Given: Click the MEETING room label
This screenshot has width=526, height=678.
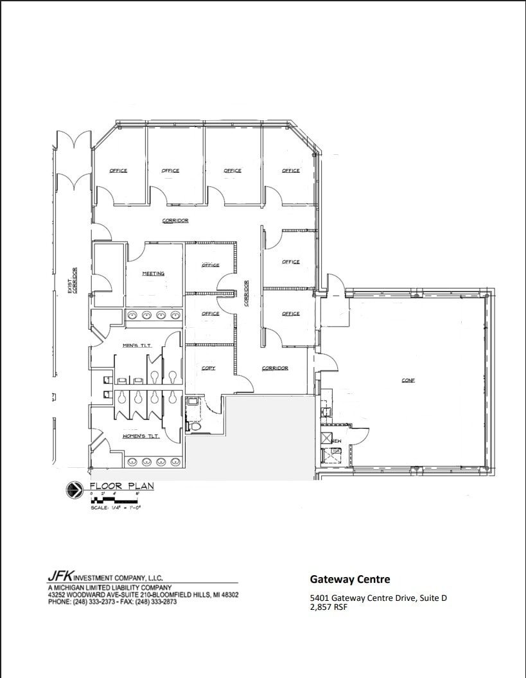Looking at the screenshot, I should click(x=153, y=274).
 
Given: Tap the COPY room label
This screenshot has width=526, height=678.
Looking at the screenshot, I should click(x=209, y=368).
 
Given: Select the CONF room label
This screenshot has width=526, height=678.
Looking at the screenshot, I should click(x=408, y=380).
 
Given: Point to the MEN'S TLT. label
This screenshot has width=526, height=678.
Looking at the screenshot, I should click(x=136, y=346).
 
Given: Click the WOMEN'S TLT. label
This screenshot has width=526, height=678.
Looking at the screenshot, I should click(x=141, y=437).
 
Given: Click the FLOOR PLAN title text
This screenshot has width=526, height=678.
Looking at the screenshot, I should click(x=121, y=486).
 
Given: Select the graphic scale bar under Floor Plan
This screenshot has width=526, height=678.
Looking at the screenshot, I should click(x=115, y=499).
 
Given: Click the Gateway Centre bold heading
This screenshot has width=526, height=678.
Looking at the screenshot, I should click(x=350, y=579).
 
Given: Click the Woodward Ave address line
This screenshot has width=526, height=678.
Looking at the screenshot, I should click(x=143, y=595).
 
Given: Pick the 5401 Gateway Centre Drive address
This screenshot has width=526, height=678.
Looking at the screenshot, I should click(x=378, y=598).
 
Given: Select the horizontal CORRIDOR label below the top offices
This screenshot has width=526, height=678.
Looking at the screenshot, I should click(x=175, y=221).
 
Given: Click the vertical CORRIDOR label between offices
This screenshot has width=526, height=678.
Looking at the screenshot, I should click(x=246, y=293).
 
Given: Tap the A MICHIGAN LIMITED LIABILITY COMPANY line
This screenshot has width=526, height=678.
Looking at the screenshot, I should click(x=110, y=588).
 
